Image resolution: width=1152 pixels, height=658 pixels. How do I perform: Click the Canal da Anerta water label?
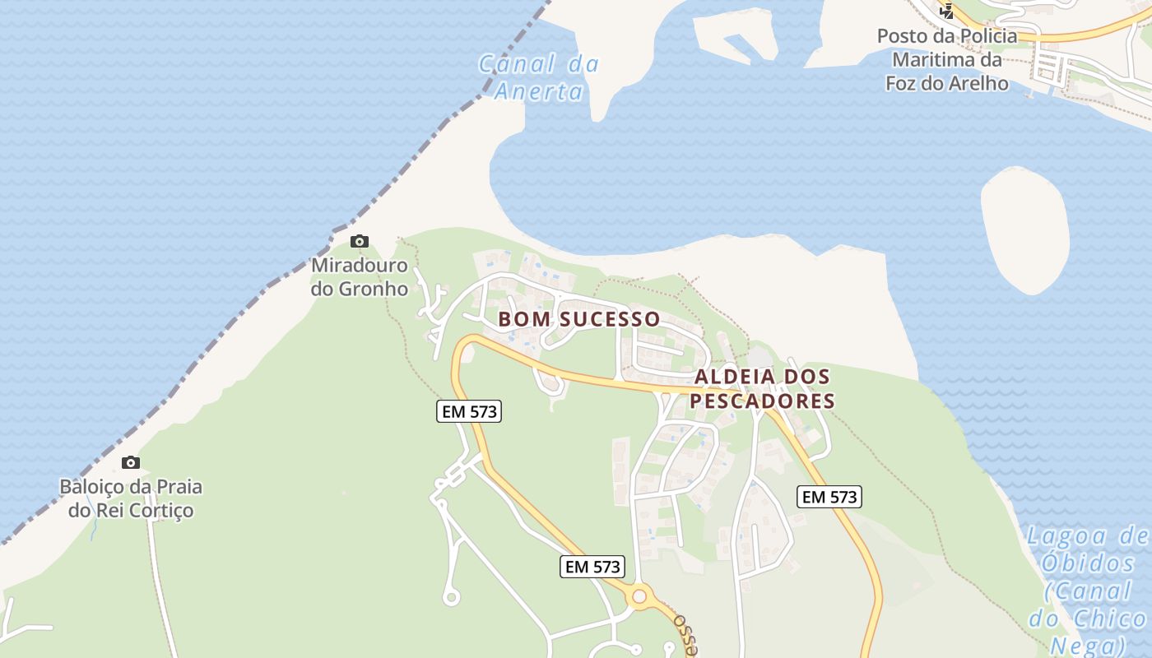tap(539, 76)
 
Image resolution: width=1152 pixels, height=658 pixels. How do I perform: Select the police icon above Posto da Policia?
tap(947, 11)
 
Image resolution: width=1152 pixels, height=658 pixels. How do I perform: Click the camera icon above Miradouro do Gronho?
tap(360, 241)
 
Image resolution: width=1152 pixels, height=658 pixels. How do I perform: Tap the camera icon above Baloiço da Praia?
tap(130, 462)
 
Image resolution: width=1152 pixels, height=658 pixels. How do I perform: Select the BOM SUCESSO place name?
tap(578, 318)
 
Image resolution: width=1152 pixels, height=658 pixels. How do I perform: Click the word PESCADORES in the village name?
tap(762, 401)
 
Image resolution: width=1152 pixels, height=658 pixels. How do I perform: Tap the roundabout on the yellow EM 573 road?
tap(639, 595)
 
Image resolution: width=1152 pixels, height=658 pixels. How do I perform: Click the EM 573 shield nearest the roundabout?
tap(592, 566)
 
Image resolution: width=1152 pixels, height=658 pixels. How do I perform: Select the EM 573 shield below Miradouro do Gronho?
tap(469, 411)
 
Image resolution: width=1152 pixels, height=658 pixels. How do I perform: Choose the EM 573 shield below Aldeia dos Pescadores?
tap(829, 497)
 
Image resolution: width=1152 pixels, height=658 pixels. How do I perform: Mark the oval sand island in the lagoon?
tap(1025, 229)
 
